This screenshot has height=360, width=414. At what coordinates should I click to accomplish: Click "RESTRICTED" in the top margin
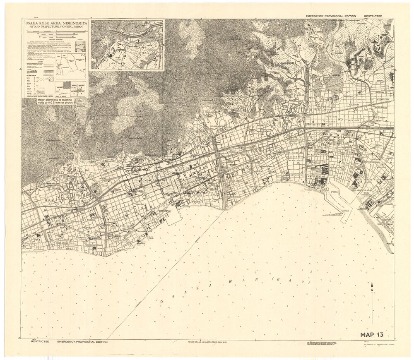tap(373, 16)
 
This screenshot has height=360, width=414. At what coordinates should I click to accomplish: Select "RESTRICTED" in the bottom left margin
tap(40, 342)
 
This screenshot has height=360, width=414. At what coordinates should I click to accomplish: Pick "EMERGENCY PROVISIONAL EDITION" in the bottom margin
tap(83, 342)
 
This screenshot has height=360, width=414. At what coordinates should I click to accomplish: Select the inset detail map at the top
tap(127, 45)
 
